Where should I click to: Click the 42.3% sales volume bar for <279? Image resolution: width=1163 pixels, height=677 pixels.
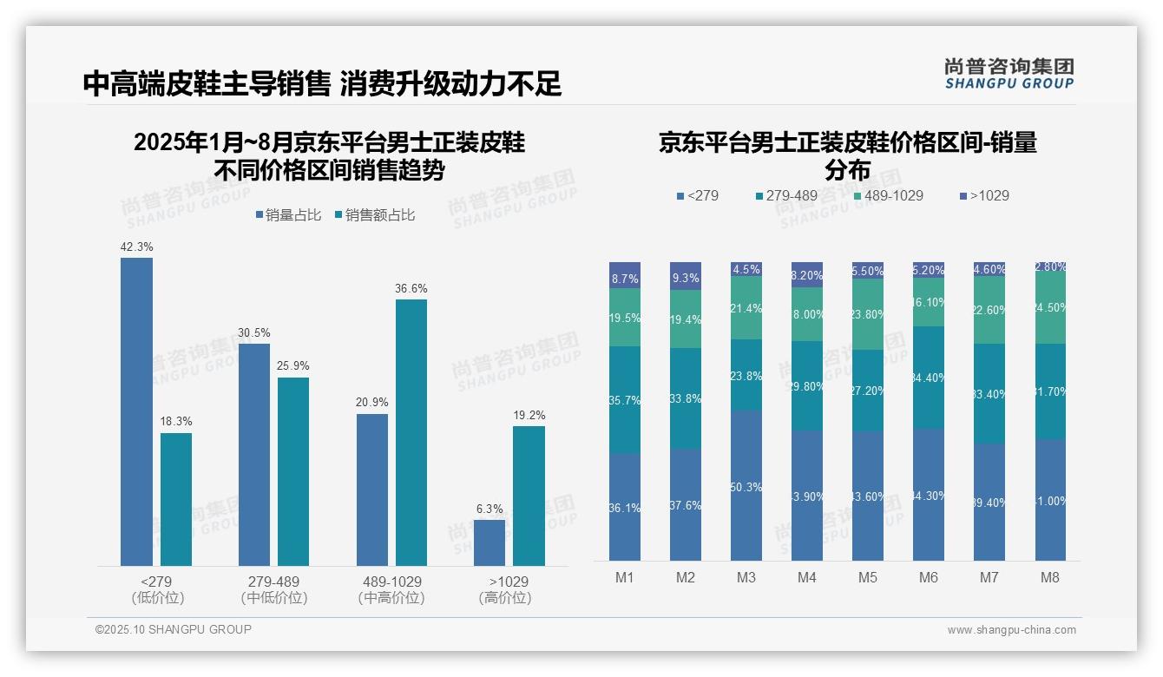click(x=136, y=412)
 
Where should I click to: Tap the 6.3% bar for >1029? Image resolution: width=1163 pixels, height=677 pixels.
click(x=490, y=542)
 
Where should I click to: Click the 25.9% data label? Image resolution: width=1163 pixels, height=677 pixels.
click(x=293, y=365)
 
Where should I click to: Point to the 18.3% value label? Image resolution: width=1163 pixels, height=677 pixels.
click(x=176, y=421)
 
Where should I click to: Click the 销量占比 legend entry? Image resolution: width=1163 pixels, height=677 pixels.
click(x=289, y=215)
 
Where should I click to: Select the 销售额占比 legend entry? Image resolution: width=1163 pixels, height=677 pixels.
click(x=374, y=215)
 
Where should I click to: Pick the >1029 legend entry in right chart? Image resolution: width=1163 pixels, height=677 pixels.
click(x=984, y=195)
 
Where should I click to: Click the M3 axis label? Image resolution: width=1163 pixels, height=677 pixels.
click(x=746, y=577)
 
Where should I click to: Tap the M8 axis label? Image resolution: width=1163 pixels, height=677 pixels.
click(x=1050, y=577)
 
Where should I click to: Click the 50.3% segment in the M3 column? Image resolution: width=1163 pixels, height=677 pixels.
click(x=746, y=485)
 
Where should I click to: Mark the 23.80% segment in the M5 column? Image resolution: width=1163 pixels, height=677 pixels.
click(x=868, y=314)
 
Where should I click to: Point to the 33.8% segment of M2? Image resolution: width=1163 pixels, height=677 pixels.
click(x=686, y=398)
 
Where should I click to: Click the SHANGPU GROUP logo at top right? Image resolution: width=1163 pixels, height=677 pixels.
click(x=1009, y=74)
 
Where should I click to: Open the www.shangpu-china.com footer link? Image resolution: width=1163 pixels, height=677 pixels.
click(x=1011, y=630)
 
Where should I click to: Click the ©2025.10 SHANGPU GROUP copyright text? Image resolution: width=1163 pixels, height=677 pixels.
click(x=174, y=629)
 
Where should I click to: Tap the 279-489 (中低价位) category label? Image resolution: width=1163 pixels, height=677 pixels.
click(x=274, y=589)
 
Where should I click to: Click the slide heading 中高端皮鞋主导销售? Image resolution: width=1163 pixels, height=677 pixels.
click(x=207, y=84)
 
